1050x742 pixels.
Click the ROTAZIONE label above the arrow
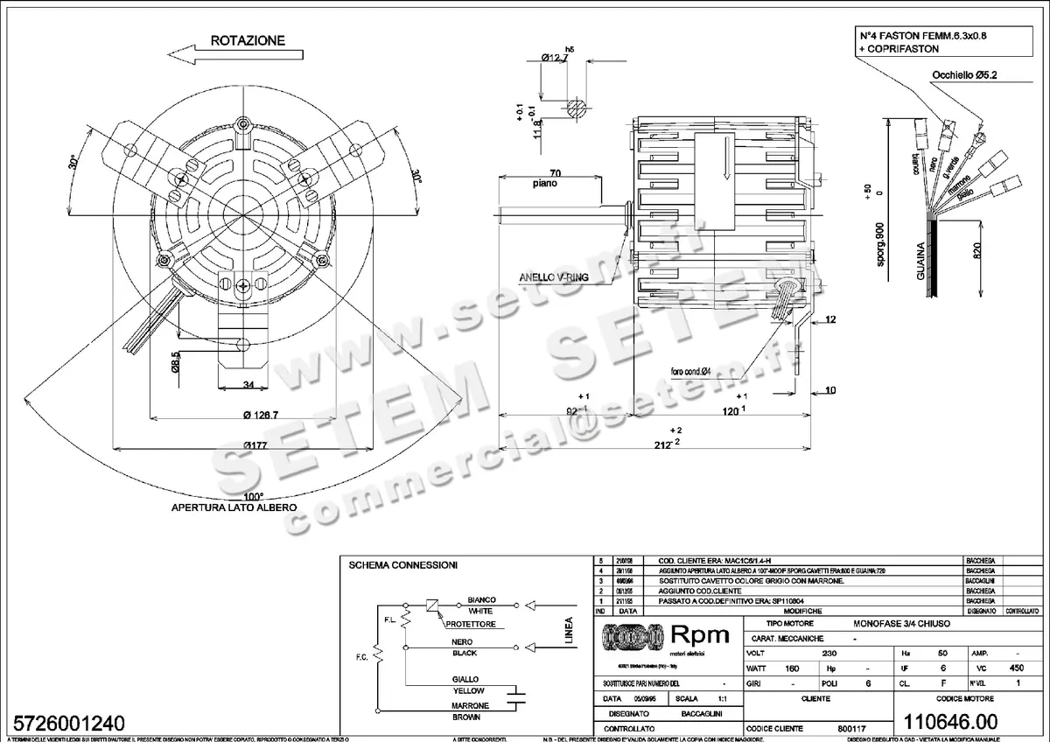tap(248, 40)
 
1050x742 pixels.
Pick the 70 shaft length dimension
tap(555, 173)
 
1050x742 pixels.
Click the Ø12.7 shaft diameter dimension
tap(556, 58)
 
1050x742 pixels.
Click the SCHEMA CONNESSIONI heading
tap(402, 565)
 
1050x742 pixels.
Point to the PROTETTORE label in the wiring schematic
tap(471, 625)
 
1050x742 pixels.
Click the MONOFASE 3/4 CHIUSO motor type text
tap(901, 624)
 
